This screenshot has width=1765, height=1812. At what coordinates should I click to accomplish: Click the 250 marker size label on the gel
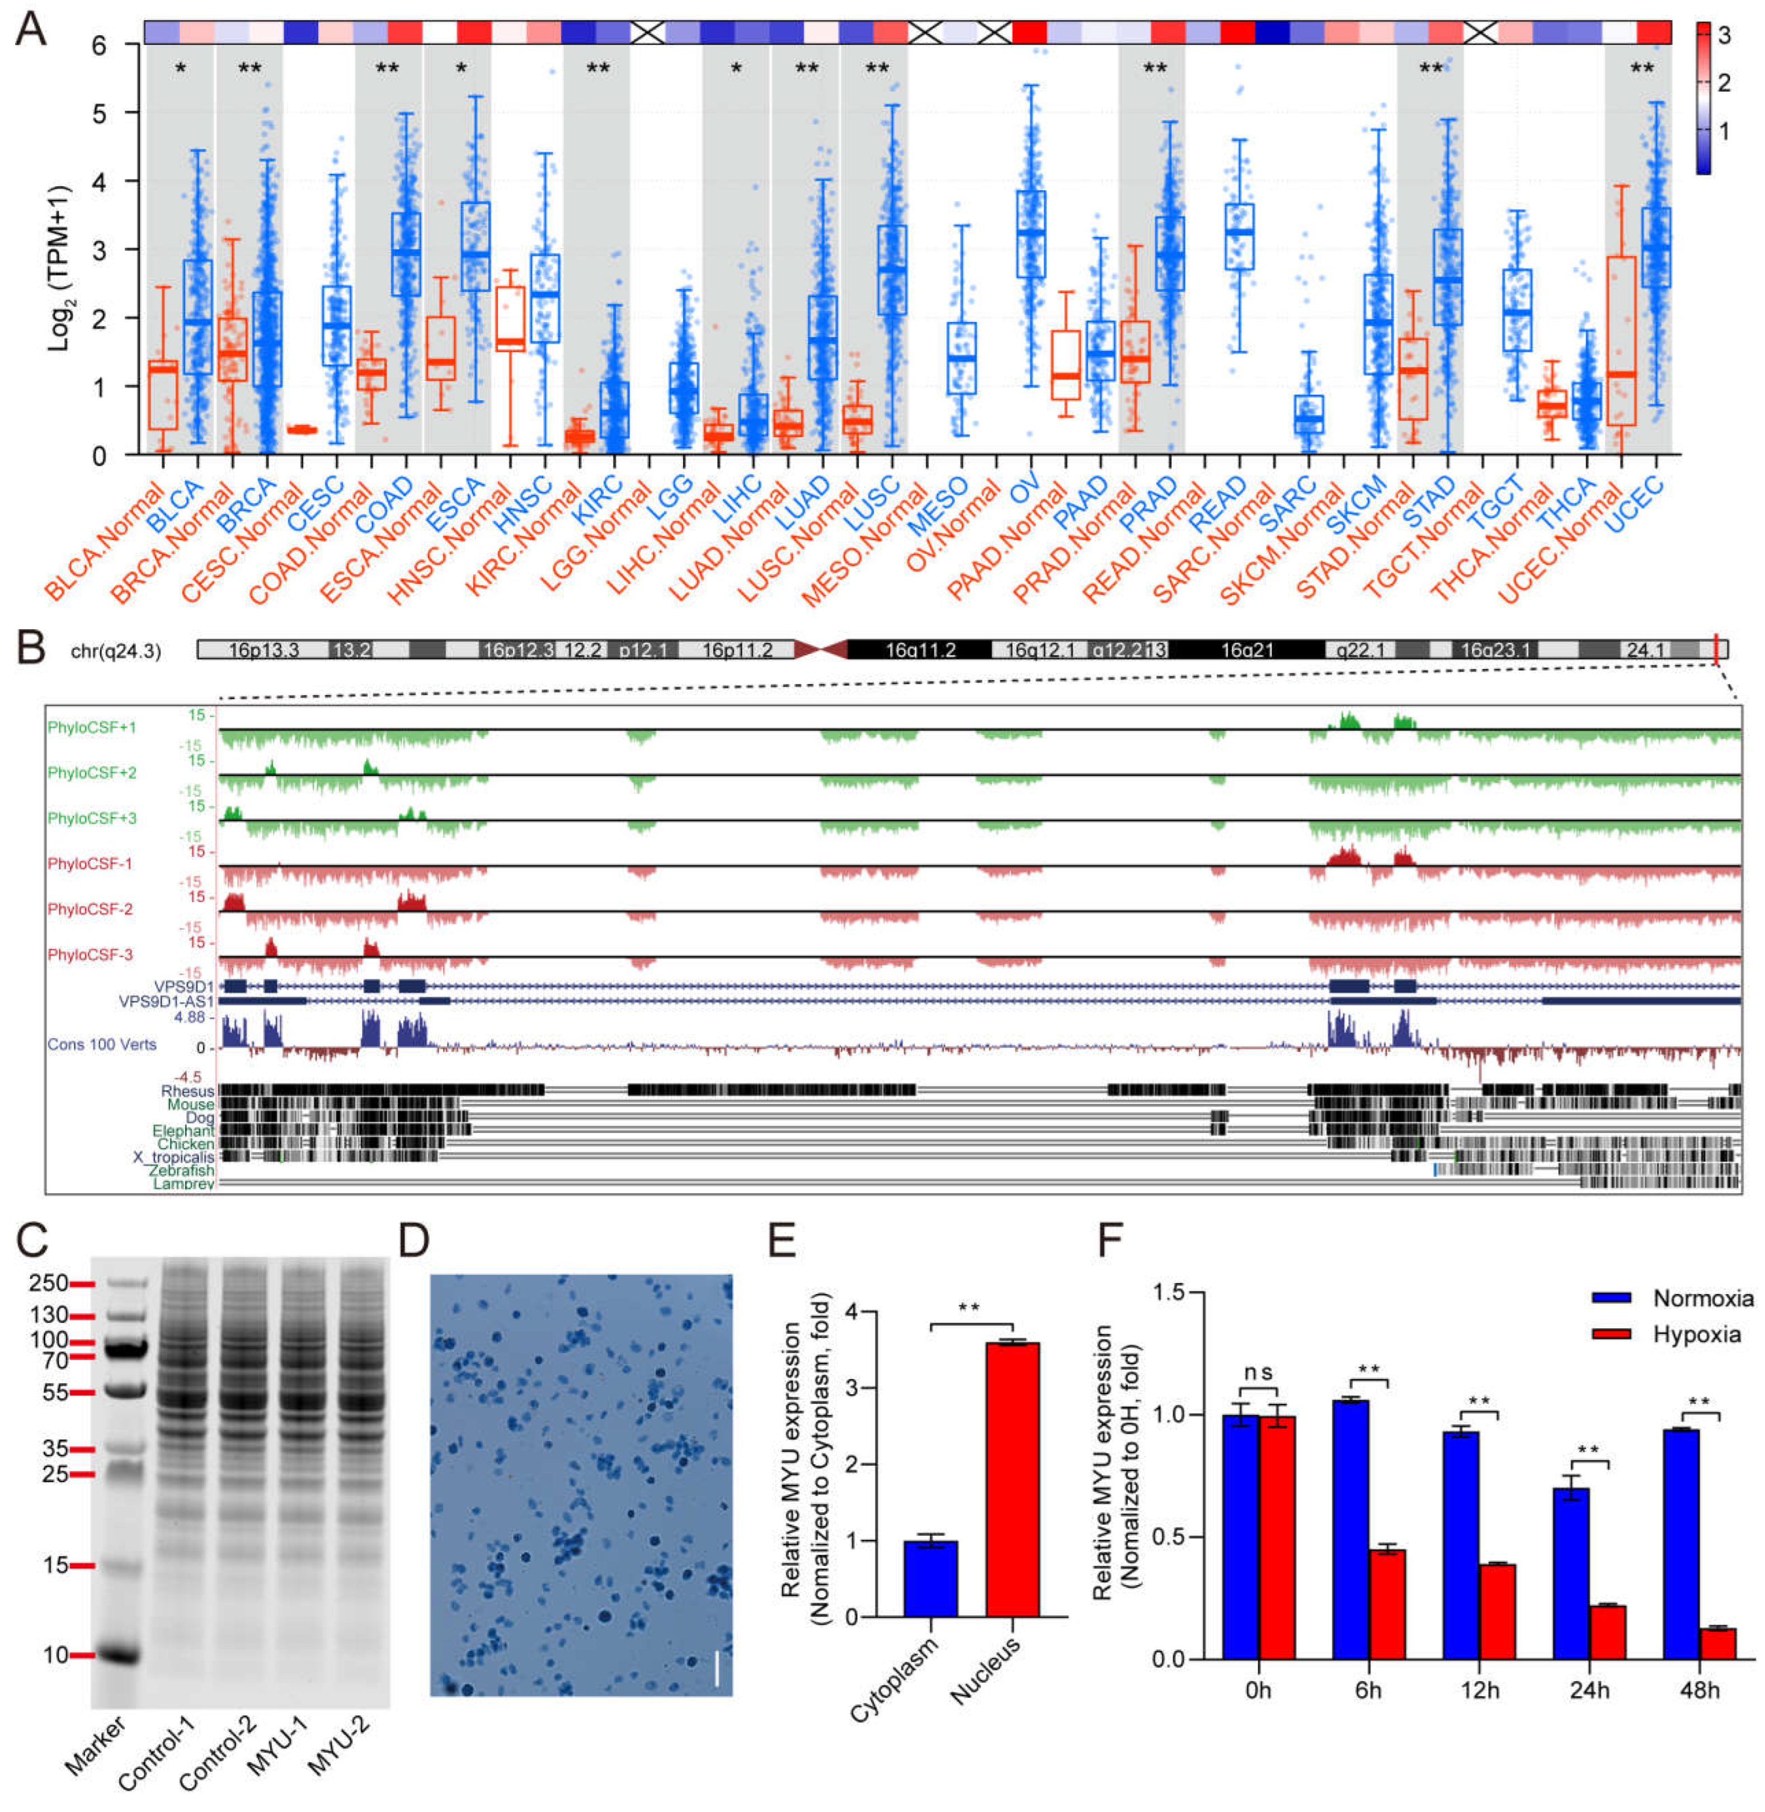click(48, 1283)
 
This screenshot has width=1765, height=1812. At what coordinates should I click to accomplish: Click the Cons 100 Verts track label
click(101, 1045)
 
